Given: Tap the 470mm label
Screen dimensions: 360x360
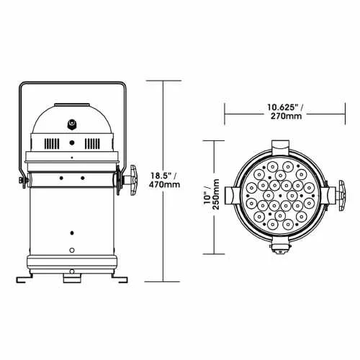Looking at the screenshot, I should click(166, 185).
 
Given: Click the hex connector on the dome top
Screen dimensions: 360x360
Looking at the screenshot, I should click(73, 122).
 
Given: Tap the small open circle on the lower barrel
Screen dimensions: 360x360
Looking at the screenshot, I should click(72, 249).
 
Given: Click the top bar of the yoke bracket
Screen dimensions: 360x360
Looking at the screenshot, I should click(73, 85).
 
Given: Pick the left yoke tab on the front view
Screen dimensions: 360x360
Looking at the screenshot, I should click(230, 196).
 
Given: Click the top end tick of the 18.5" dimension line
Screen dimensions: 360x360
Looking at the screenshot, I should click(163, 81).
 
